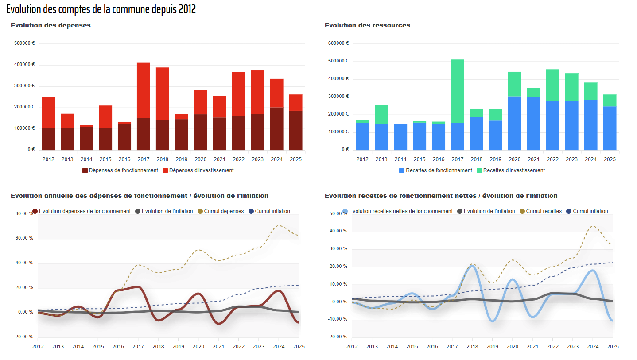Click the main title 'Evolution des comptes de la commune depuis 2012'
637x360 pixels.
pyautogui.click(x=101, y=9)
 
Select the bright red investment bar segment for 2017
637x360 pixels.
pyautogui.click(x=144, y=90)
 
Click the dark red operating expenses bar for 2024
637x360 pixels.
pyautogui.click(x=277, y=129)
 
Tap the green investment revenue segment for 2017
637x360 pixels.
pyautogui.click(x=458, y=91)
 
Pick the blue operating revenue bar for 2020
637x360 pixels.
pyautogui.click(x=515, y=124)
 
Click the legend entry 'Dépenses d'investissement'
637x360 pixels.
pyautogui.click(x=198, y=170)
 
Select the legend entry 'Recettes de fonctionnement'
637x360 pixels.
pyautogui.click(x=435, y=170)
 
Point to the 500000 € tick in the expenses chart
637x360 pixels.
pyautogui.click(x=24, y=43)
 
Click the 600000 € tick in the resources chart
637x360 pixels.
pyautogui.click(x=338, y=43)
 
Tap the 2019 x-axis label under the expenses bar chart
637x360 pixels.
pyautogui.click(x=182, y=159)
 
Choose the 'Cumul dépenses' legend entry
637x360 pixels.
pyautogui.click(x=221, y=211)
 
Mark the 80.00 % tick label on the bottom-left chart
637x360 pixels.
pyautogui.click(x=24, y=213)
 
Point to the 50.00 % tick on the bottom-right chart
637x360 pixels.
pyautogui.click(x=338, y=213)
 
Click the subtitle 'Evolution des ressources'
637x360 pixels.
pyautogui.click(x=367, y=25)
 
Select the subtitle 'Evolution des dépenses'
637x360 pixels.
pyautogui.click(x=50, y=25)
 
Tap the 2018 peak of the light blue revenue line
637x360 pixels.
pyautogui.click(x=472, y=266)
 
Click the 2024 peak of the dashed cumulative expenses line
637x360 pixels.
pyautogui.click(x=279, y=225)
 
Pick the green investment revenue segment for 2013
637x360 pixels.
pyautogui.click(x=381, y=114)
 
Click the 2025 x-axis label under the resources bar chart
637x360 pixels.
pyautogui.click(x=610, y=159)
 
